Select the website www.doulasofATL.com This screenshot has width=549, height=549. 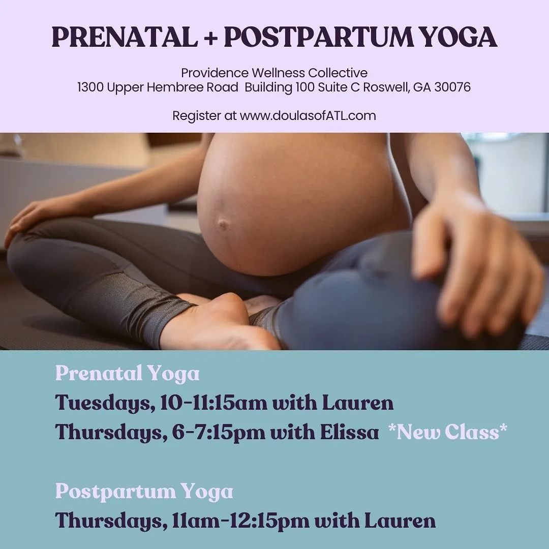click(308, 115)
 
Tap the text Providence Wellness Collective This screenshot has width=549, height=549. click(274, 73)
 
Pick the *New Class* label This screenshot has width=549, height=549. click(447, 432)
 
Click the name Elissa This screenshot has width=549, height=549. click(349, 432)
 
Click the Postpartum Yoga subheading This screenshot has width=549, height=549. click(144, 492)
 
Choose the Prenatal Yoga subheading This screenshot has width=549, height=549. click(127, 374)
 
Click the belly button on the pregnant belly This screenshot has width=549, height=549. click(222, 224)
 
